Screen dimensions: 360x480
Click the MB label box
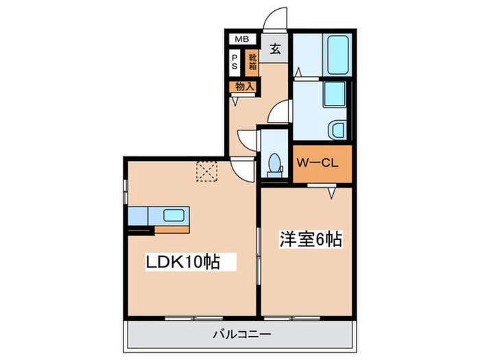pos(243,39)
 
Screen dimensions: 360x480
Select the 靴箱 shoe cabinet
pos(252,62)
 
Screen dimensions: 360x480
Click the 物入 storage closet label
pos(244,87)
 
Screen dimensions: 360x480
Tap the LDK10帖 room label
pos(182,262)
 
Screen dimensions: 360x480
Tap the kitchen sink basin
pos(173,215)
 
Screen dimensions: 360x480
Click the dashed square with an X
pos(206,171)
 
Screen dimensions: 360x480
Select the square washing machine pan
pos(334,94)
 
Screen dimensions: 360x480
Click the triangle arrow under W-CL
pos(331,194)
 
